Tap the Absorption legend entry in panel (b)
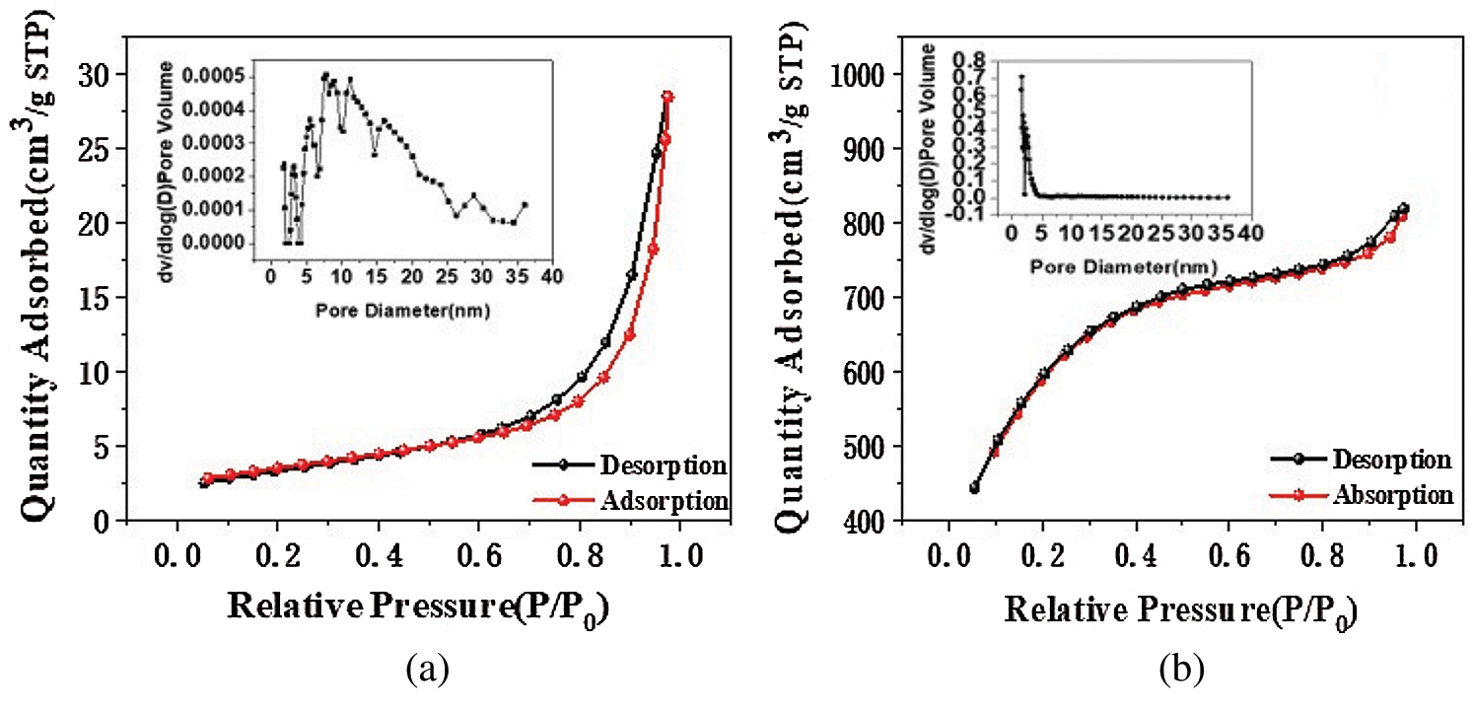(1393, 493)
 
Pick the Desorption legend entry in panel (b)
(1391, 460)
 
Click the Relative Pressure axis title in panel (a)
(417, 608)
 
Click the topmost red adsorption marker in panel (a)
(667, 97)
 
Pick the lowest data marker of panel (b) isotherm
(974, 487)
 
